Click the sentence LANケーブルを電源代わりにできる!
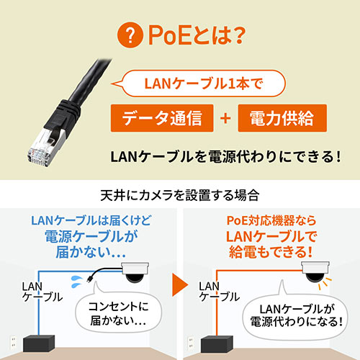click(x=224, y=156)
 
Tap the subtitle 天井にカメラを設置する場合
click(x=180, y=195)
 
